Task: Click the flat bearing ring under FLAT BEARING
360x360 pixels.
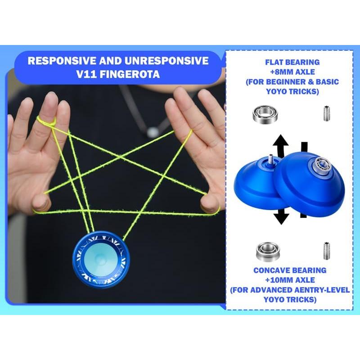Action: pos(261,114)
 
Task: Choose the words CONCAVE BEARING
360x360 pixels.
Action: pos(289,270)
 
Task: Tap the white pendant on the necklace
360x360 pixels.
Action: pos(153,132)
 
